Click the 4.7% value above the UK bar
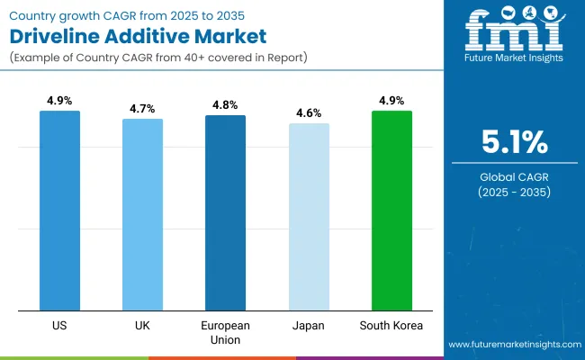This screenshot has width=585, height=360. [142, 108]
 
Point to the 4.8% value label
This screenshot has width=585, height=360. [225, 104]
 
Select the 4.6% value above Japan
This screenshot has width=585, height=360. [309, 113]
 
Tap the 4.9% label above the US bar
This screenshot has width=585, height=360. [59, 101]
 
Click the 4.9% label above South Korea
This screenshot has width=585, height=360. [391, 101]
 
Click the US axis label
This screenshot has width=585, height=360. [59, 323]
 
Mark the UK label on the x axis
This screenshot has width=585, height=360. [142, 323]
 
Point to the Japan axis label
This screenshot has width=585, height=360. [309, 323]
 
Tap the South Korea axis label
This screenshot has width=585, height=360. [391, 323]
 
